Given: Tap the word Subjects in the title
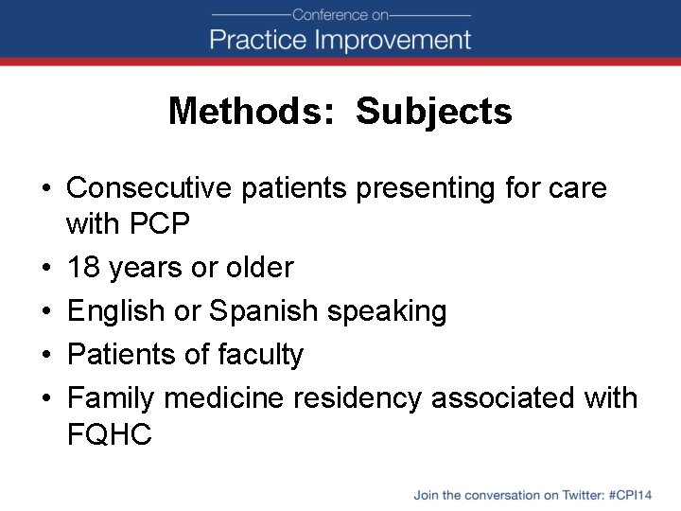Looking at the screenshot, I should [434, 112].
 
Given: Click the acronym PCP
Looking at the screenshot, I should [161, 224].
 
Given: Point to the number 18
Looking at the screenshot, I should [84, 268].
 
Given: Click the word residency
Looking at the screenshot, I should [358, 398].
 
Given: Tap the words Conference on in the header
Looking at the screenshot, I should [340, 14].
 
